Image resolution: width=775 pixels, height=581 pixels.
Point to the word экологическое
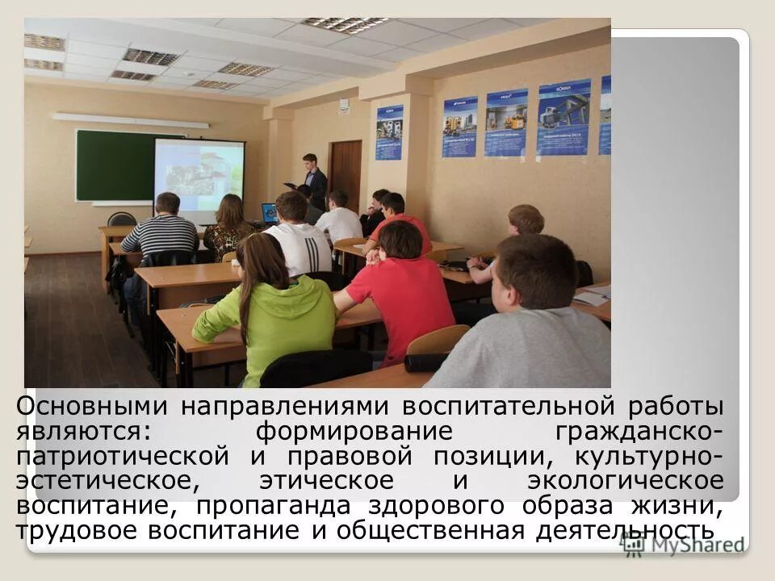pos(625,481)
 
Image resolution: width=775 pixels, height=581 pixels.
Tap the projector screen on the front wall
pos(199,178)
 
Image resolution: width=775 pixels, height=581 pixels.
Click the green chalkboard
pos(113,165)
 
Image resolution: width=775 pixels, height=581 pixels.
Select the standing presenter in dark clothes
pos(312,179)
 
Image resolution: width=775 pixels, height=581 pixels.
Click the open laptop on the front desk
pos(270,213)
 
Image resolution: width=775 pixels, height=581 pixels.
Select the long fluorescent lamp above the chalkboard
pos(129,121)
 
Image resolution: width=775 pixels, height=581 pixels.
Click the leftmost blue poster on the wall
pos(389,132)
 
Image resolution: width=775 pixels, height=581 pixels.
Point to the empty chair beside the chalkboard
pos(122,219)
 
